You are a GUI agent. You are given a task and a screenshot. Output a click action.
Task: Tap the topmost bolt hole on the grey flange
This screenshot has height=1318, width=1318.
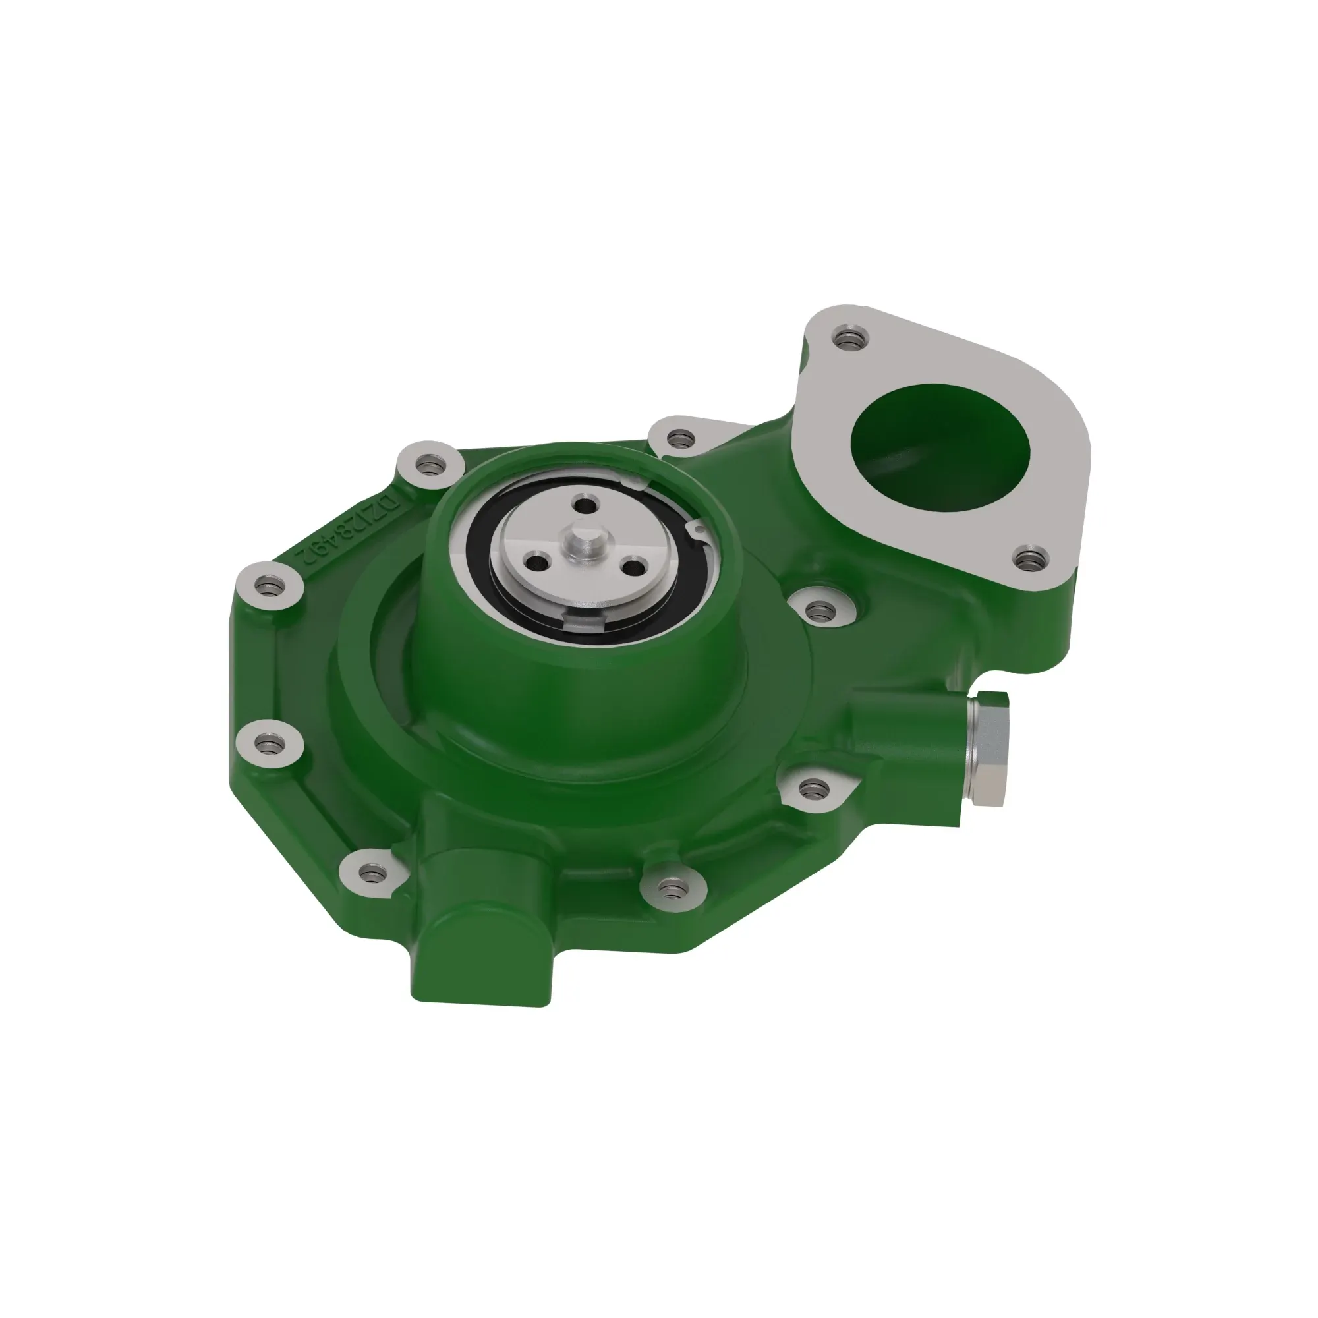[846, 337]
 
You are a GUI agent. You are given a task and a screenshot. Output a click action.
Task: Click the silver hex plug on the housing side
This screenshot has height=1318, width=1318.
[988, 749]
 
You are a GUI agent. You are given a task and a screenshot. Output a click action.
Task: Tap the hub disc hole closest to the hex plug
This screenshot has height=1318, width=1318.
[636, 567]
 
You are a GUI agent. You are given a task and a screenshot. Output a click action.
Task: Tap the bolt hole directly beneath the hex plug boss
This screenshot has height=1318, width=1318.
[811, 789]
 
